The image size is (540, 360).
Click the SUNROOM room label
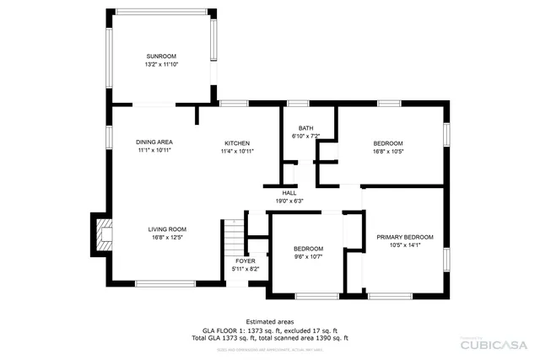pyautogui.click(x=162, y=56)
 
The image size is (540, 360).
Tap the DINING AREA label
pyautogui.click(x=154, y=142)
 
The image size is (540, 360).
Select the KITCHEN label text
pyautogui.click(x=237, y=142)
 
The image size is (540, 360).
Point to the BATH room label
pyautogui.click(x=305, y=128)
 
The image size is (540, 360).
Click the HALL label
pyautogui.click(x=289, y=193)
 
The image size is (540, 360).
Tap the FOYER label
pyautogui.click(x=246, y=261)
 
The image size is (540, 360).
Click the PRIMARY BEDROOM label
pyautogui.click(x=404, y=237)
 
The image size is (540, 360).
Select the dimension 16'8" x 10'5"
pyautogui.click(x=388, y=152)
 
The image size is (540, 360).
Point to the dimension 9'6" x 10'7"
pyautogui.click(x=308, y=256)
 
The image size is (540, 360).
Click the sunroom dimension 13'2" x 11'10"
pyautogui.click(x=162, y=64)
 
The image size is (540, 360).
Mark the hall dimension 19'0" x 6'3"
pyautogui.click(x=289, y=201)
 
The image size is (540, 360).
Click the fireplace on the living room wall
pyautogui.click(x=101, y=234)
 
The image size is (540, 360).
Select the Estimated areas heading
pyautogui.click(x=269, y=321)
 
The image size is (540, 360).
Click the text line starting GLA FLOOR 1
pyautogui.click(x=269, y=330)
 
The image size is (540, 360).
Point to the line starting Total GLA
pyautogui.click(x=269, y=337)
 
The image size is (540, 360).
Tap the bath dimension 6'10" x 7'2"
pyautogui.click(x=305, y=136)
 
